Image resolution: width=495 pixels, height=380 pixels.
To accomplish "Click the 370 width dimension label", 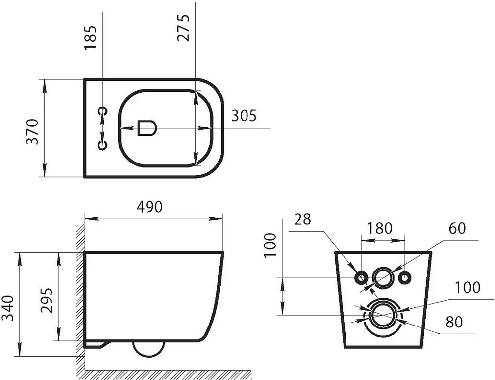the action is [32, 132].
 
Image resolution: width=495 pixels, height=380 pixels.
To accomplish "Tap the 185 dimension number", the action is [90, 37].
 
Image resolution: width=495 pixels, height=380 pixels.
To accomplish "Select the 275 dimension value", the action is [184, 27].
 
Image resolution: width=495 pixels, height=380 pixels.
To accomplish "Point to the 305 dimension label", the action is [244, 116].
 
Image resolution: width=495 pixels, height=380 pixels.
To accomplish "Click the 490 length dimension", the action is [149, 207].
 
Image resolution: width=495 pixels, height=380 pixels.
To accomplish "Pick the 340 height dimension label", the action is [8, 308].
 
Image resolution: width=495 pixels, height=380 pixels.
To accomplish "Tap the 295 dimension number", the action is [47, 300].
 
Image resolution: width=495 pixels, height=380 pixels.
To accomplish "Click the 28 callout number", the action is [303, 219].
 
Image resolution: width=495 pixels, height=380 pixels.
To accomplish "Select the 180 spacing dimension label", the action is [380, 228].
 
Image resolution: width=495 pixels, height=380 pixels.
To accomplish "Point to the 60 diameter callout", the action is [457, 228].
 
